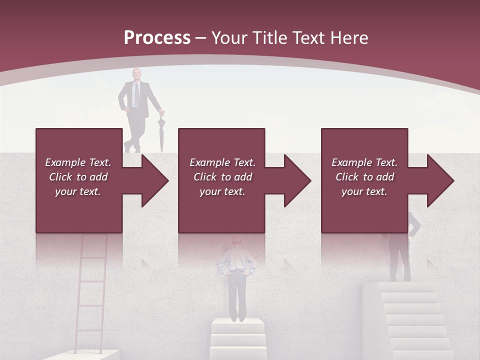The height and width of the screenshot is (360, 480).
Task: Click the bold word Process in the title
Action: (x=157, y=37)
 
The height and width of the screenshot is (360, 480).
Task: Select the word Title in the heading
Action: (x=269, y=37)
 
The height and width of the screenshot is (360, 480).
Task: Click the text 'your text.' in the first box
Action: (x=78, y=191)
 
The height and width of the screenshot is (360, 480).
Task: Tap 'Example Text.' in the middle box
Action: (x=222, y=162)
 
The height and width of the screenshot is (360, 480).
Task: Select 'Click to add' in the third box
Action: (x=364, y=177)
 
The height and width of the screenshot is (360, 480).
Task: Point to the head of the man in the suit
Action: (x=136, y=74)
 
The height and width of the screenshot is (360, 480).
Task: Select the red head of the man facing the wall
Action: (x=237, y=241)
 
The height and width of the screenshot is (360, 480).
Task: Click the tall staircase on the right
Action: (x=410, y=320)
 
